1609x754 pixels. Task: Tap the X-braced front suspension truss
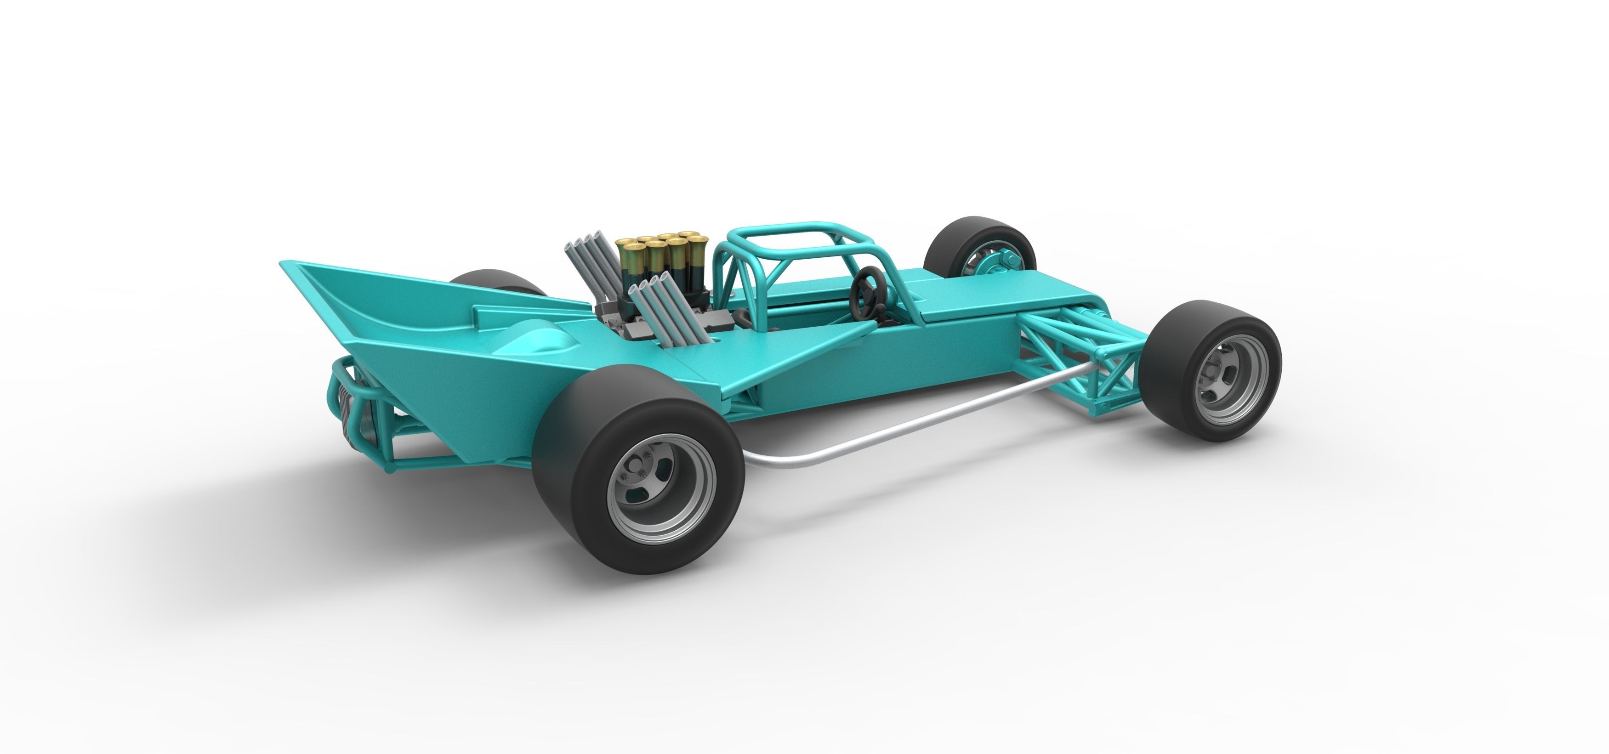tap(1099, 363)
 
